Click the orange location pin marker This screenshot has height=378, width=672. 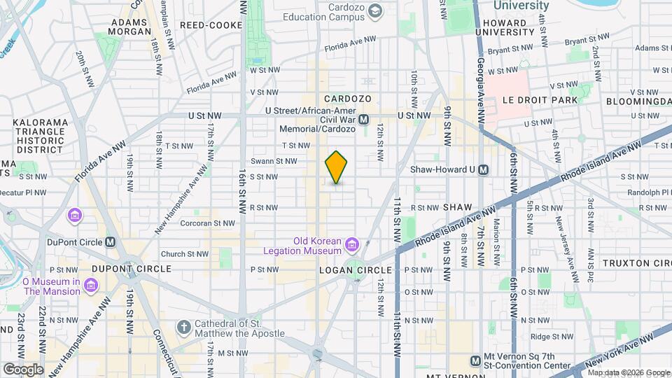(336, 167)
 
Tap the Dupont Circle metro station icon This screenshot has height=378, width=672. (110, 242)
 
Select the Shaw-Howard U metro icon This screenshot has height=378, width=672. (484, 169)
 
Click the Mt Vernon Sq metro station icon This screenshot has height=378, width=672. (475, 360)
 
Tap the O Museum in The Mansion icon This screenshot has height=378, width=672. (90, 286)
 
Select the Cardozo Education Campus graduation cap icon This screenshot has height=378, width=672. (376, 10)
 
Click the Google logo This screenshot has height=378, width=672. (22, 369)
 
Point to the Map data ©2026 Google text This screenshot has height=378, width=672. (629, 372)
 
